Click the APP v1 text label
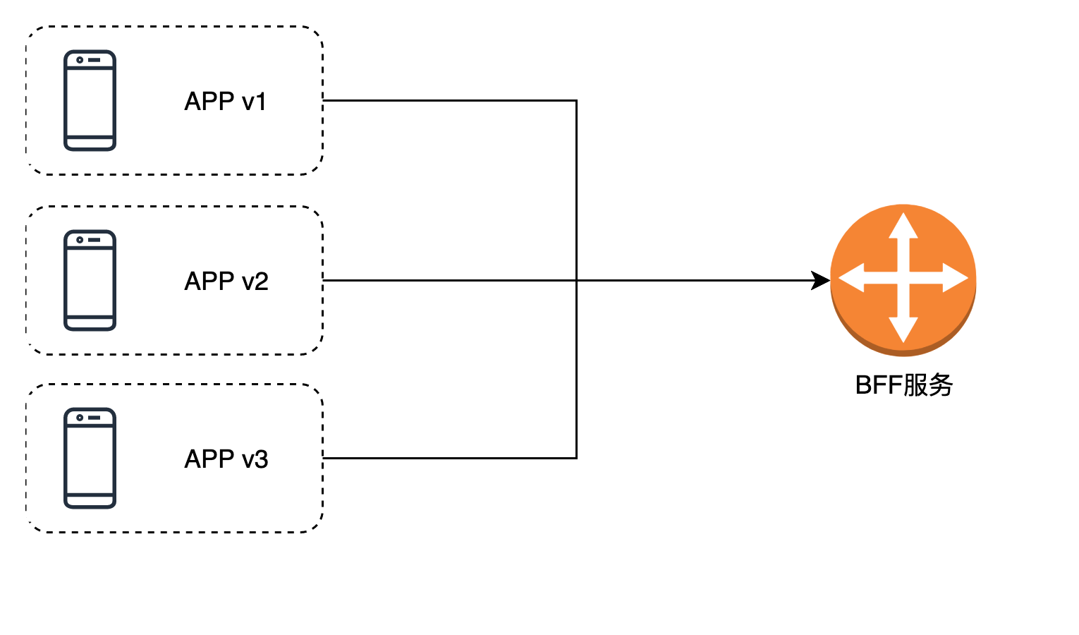(226, 102)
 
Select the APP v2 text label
(226, 282)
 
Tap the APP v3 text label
(226, 459)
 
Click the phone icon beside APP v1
(90, 100)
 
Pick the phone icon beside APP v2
(90, 280)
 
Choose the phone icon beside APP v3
(90, 458)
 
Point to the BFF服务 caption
(903, 385)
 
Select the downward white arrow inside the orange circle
(903, 329)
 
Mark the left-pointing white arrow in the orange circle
(853, 278)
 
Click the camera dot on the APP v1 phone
(80, 60)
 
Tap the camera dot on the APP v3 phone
(80, 418)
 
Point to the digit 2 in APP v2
(261, 282)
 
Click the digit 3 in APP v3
(261, 459)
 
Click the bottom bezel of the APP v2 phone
(90, 323)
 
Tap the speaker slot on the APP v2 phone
(95, 240)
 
